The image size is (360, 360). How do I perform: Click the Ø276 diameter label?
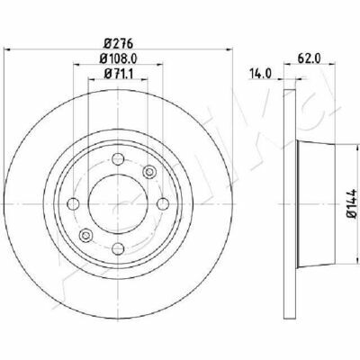click(118, 44)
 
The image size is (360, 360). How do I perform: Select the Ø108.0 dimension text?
click(118, 58)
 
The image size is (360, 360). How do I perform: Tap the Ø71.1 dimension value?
click(118, 73)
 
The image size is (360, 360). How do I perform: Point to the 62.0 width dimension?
click(309, 58)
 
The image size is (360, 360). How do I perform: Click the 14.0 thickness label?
click(260, 73)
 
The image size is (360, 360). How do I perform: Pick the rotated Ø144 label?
click(352, 202)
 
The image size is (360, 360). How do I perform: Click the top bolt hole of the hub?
click(118, 158)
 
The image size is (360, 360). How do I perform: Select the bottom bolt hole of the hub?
click(118, 248)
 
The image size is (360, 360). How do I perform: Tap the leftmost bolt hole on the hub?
click(73, 204)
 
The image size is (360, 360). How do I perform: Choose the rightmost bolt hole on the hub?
click(163, 204)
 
